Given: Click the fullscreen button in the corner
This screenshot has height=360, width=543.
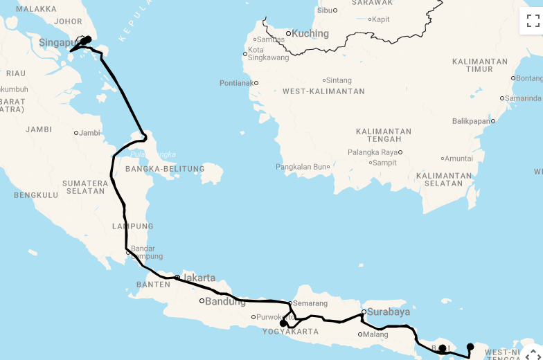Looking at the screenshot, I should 533,21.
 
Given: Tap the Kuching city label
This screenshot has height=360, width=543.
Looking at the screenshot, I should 310,33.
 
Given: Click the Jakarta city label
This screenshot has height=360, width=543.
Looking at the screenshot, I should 198,278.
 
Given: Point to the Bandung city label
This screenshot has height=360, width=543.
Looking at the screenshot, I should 225,301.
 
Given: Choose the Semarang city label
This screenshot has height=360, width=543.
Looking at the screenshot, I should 310,303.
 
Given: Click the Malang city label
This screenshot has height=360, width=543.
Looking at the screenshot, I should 375,334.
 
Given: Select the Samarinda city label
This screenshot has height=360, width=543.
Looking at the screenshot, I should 522,98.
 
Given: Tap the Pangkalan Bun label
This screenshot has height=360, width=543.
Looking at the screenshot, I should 301,167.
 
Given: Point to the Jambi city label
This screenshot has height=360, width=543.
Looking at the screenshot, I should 90,133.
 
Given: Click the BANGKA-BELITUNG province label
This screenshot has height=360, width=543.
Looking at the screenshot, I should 165,169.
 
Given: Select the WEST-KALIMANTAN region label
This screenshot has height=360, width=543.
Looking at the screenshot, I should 323,91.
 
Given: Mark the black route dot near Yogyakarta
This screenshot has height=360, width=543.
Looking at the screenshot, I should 283,323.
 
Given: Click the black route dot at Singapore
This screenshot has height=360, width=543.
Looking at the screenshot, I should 87,40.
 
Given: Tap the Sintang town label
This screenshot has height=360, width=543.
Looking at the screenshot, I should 339,81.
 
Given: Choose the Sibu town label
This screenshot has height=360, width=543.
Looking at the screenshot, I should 325,10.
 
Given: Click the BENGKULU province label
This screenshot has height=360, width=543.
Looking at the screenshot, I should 36,195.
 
